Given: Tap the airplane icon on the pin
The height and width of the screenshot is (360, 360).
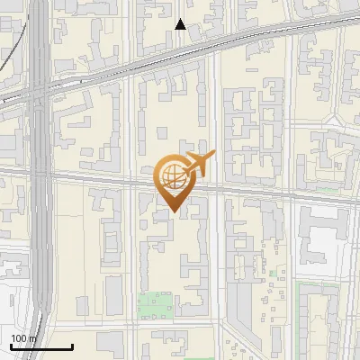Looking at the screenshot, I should (197, 164).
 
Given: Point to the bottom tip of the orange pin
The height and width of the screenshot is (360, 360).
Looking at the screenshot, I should (174, 212).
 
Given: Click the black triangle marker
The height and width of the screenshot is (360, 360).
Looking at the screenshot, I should (180, 24).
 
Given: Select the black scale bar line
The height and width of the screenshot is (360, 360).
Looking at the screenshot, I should (40, 347).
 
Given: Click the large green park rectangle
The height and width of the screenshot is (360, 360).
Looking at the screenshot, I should (157, 306).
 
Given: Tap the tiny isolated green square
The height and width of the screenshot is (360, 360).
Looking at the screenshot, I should (271, 273).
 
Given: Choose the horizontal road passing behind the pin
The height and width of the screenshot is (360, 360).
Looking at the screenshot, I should (270, 188).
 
